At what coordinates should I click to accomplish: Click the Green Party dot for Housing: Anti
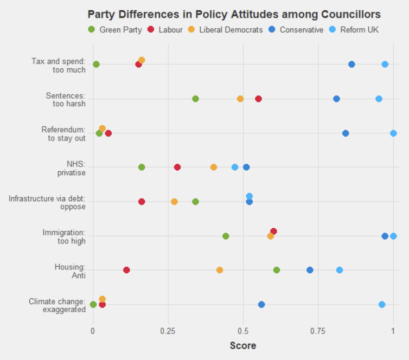click(x=277, y=270)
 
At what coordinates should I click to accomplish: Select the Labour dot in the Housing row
click(x=126, y=270)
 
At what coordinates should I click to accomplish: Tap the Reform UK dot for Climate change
click(x=382, y=305)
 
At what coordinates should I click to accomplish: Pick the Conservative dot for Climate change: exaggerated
click(x=261, y=305)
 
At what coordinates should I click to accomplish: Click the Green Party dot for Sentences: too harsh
click(x=195, y=99)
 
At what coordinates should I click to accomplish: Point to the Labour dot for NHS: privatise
click(x=177, y=167)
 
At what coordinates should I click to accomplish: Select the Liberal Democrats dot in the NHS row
click(x=214, y=167)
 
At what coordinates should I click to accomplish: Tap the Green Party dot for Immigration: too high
click(x=226, y=236)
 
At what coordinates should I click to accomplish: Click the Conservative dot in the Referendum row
click(x=346, y=133)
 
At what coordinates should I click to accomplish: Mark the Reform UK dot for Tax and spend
click(x=385, y=64)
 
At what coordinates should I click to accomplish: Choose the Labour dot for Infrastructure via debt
click(x=142, y=202)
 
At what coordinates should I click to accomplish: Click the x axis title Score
click(x=243, y=345)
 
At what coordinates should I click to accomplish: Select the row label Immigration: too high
click(x=64, y=236)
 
